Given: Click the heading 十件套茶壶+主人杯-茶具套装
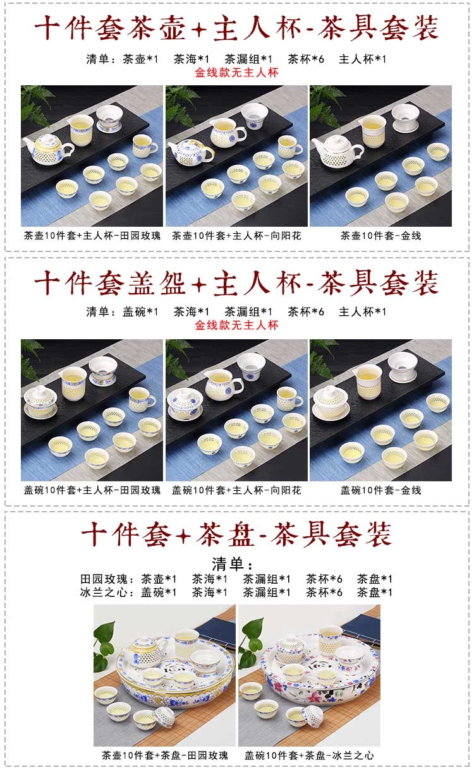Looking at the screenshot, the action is [236, 28].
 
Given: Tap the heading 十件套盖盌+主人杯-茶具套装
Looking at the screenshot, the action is [236, 283].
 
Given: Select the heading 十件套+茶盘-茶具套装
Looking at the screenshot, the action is [236, 534].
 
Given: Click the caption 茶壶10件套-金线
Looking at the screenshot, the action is [381, 236].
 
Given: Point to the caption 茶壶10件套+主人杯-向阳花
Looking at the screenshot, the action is [236, 236].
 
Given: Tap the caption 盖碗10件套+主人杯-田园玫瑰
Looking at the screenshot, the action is [92, 490].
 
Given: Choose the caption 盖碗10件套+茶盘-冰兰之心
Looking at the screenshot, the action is [309, 755].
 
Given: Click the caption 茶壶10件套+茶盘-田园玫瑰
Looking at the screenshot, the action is [164, 755].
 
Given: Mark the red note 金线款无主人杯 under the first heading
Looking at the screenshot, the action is [236, 73].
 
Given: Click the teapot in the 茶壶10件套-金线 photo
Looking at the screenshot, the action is [336, 152].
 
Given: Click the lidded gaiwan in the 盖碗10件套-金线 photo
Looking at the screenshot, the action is [330, 402].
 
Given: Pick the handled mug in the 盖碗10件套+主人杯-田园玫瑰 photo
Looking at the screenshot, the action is [142, 400].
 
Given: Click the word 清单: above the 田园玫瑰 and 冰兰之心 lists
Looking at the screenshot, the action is [232, 564].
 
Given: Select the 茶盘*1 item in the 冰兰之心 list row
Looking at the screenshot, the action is [375, 593].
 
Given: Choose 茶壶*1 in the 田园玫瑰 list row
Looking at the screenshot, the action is [159, 579].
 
